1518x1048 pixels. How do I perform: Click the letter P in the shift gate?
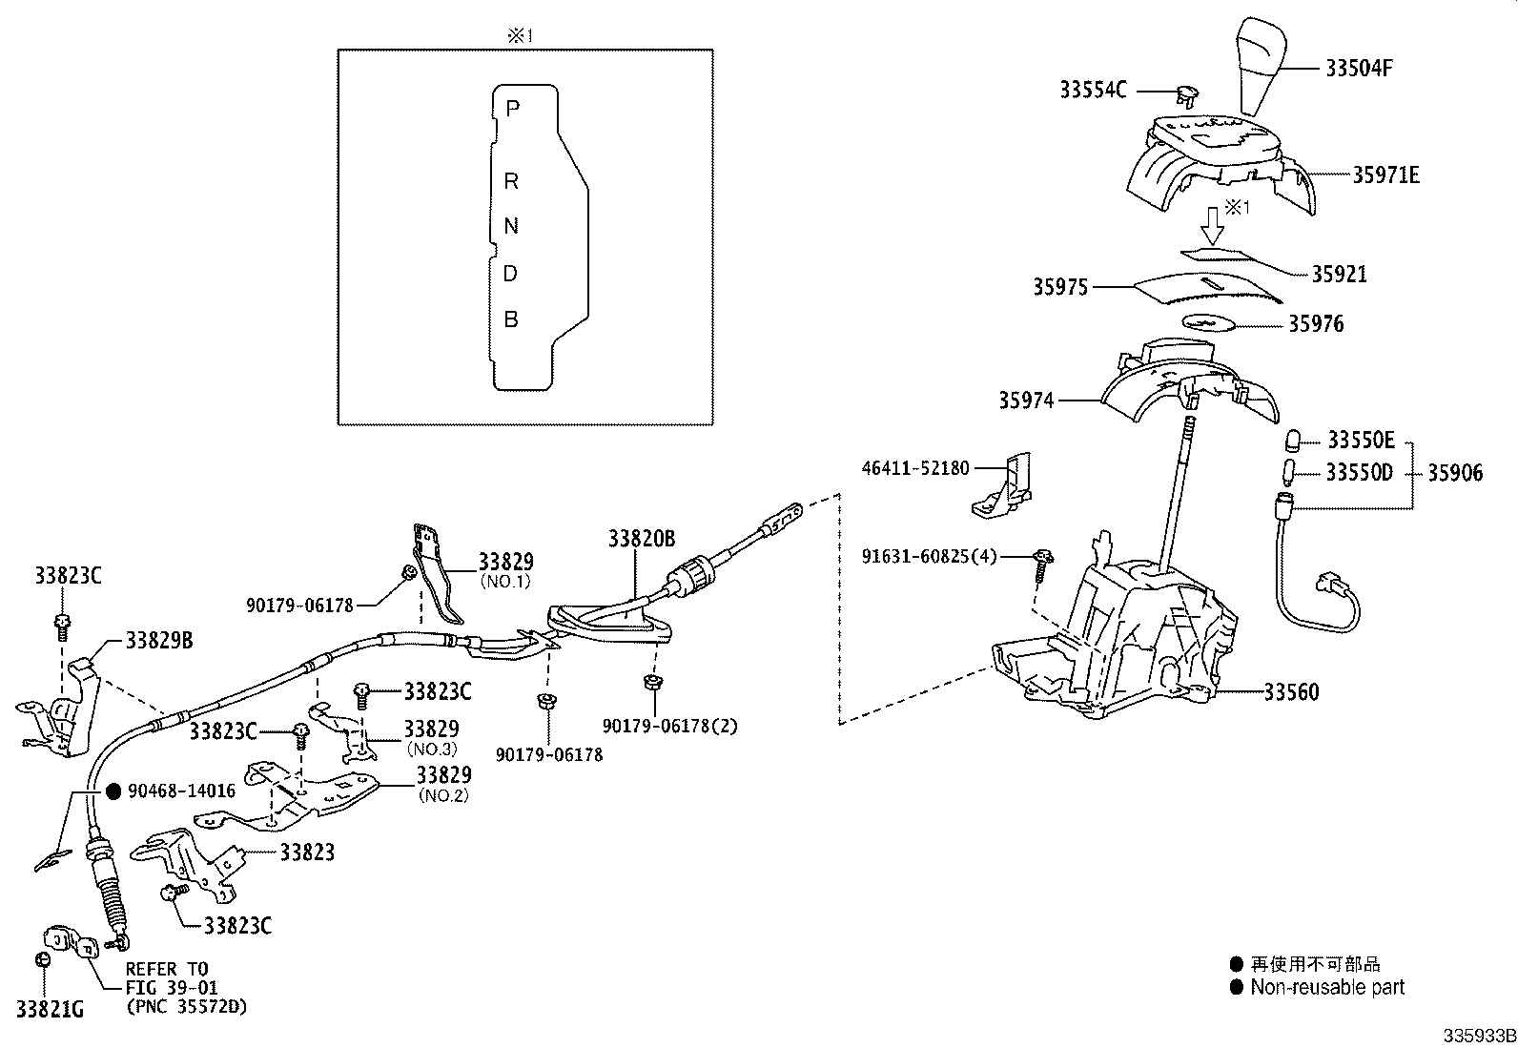click(x=512, y=108)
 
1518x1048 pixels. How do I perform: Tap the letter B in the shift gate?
click(x=511, y=319)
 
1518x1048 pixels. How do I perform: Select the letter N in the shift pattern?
click(x=511, y=226)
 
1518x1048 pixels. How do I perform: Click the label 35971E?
click(x=1385, y=175)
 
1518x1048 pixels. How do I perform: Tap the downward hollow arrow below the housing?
click(x=1212, y=225)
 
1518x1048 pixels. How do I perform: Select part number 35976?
click(x=1316, y=324)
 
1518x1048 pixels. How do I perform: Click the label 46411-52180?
click(x=915, y=468)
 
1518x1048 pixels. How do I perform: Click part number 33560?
click(x=1291, y=692)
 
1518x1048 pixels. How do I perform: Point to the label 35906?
click(x=1455, y=473)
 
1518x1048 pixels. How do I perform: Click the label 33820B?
click(x=641, y=540)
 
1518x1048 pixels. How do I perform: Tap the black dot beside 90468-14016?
click(x=113, y=791)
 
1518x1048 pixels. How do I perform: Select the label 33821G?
click(x=50, y=1008)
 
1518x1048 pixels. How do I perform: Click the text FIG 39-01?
click(x=172, y=987)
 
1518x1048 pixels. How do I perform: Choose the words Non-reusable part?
click(x=1327, y=988)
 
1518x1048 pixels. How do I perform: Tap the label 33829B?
click(x=159, y=640)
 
